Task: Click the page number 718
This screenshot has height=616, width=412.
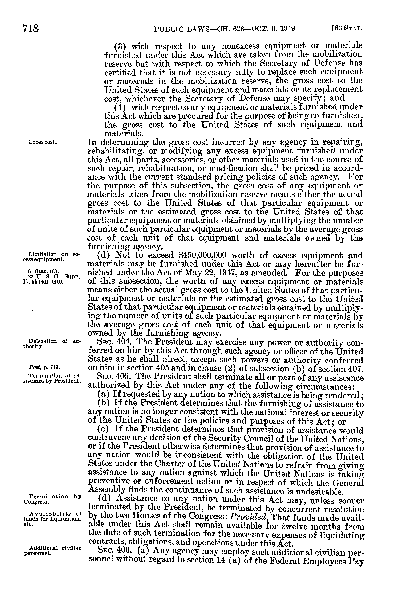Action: [31, 28]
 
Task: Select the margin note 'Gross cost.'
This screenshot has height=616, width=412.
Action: [43, 142]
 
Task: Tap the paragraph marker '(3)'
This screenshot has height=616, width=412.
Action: [121, 46]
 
